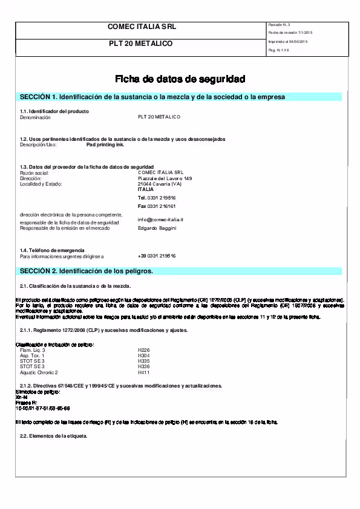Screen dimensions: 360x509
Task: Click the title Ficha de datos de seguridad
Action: (180, 79)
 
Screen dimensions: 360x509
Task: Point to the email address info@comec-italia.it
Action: (160, 219)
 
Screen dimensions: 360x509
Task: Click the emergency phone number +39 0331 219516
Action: (157, 256)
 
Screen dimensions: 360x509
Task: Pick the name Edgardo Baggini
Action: (157, 228)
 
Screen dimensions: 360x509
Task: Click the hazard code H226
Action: (143, 350)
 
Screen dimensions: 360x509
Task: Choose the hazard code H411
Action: (143, 372)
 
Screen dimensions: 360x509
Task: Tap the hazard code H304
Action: (143, 355)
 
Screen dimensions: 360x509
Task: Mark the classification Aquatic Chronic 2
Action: (39, 372)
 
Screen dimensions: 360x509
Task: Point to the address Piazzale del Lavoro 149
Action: (165, 178)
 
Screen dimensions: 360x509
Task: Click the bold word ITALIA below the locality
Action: (146, 189)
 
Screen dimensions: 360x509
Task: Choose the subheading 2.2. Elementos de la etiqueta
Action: (54, 436)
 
